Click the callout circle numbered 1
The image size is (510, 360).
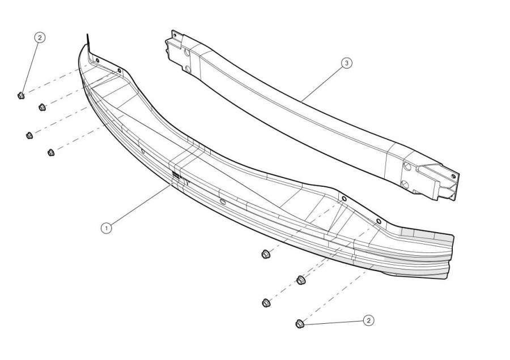[106, 228]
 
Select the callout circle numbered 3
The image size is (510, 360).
[346, 63]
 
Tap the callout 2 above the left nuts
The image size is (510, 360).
[40, 38]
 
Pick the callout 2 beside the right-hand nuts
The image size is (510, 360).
[368, 321]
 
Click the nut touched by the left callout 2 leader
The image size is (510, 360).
[21, 96]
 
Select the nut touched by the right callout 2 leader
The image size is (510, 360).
[300, 324]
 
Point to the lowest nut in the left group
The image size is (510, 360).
[51, 152]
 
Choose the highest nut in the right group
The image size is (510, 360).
[265, 254]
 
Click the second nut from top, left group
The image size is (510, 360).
[42, 107]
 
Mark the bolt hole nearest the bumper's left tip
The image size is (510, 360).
[97, 60]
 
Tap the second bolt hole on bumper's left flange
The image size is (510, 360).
[120, 70]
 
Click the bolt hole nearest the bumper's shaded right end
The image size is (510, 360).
[379, 221]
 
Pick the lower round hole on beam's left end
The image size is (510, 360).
[188, 68]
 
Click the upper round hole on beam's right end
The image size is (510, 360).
[407, 166]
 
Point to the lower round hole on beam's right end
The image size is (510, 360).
[405, 185]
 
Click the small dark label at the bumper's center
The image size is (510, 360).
[176, 175]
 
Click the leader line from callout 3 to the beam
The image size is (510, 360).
[322, 82]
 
